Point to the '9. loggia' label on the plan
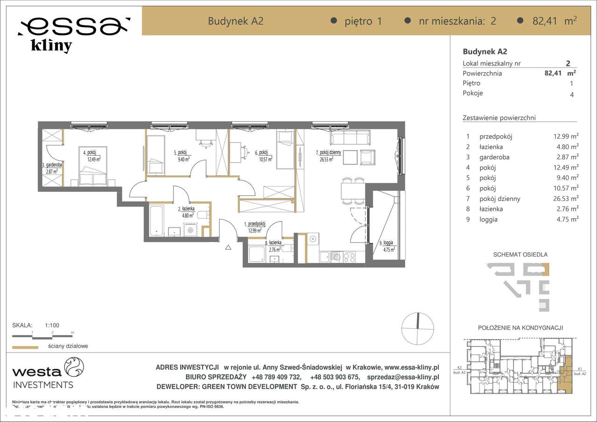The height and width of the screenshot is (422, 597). point(386,242)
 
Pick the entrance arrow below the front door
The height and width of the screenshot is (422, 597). point(228,248)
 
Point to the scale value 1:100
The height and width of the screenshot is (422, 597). point(52,325)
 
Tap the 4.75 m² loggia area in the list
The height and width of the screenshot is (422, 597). point(565,219)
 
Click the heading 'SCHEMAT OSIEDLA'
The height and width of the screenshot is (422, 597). point(520,255)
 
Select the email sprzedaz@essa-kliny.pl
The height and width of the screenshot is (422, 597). point(403,377)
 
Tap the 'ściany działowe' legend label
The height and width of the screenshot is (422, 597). point(68,346)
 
